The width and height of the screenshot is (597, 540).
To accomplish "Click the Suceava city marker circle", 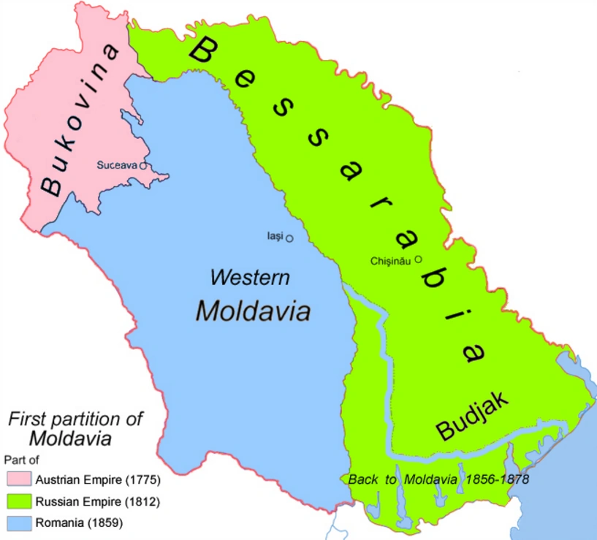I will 143,166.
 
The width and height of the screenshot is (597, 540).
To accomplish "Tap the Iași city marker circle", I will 289,238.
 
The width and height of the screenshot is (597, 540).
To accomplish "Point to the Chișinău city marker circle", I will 419,259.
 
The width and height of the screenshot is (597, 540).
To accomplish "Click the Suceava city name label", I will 117,165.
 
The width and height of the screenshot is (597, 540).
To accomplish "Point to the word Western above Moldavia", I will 249,278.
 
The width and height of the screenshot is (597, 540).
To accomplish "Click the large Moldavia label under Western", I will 253,311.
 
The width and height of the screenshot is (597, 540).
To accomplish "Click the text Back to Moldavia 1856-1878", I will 438,480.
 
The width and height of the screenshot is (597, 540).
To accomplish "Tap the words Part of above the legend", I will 21,460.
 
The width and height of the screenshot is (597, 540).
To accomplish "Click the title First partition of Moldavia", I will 75,429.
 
